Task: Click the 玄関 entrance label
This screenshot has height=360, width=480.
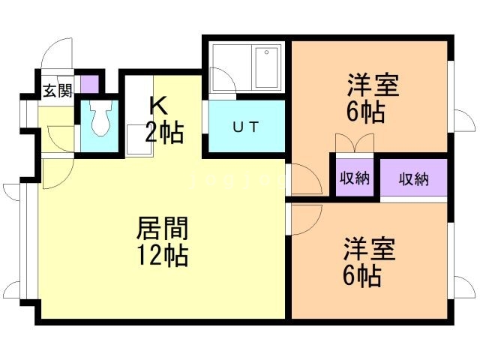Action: (x=57, y=91)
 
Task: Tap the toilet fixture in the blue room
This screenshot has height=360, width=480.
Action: (x=100, y=118)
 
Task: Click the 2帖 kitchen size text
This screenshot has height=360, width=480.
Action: (x=163, y=133)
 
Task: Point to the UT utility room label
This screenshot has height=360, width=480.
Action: (x=245, y=127)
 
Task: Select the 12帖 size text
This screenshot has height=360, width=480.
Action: (x=161, y=256)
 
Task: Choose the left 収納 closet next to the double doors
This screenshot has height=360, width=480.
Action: (x=354, y=178)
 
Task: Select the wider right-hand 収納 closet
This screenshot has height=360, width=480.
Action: (x=413, y=178)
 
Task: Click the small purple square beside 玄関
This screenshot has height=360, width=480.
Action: (x=89, y=82)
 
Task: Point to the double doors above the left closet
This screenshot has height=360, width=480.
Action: (x=353, y=142)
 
